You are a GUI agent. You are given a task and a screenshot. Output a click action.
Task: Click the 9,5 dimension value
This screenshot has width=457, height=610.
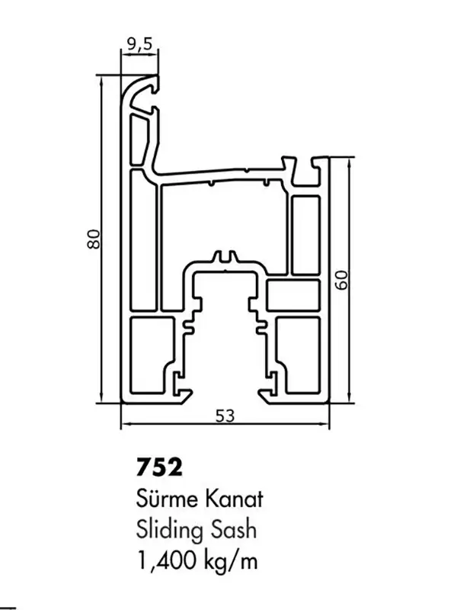pos(139,45)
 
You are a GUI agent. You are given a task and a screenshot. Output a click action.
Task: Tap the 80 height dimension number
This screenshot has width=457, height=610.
pos(94,239)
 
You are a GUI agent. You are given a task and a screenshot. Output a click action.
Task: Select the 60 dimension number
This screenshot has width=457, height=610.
pos(341,280)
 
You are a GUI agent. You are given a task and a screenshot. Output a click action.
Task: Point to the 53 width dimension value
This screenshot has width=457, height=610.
pos(225,416)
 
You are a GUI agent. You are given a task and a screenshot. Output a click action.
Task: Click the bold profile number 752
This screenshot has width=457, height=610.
pos(159,467)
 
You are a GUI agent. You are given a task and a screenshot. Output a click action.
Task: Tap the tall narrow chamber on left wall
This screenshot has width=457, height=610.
pos(143,239)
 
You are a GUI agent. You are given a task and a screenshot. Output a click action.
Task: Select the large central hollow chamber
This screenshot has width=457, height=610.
pos(225,226)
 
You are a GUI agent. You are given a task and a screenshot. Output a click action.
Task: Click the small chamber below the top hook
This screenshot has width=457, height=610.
pos(139,139)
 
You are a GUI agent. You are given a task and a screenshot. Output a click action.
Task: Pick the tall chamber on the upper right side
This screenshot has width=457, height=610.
pos(305,235)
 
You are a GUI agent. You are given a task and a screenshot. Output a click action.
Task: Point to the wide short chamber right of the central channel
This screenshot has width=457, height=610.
pos(293,295)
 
